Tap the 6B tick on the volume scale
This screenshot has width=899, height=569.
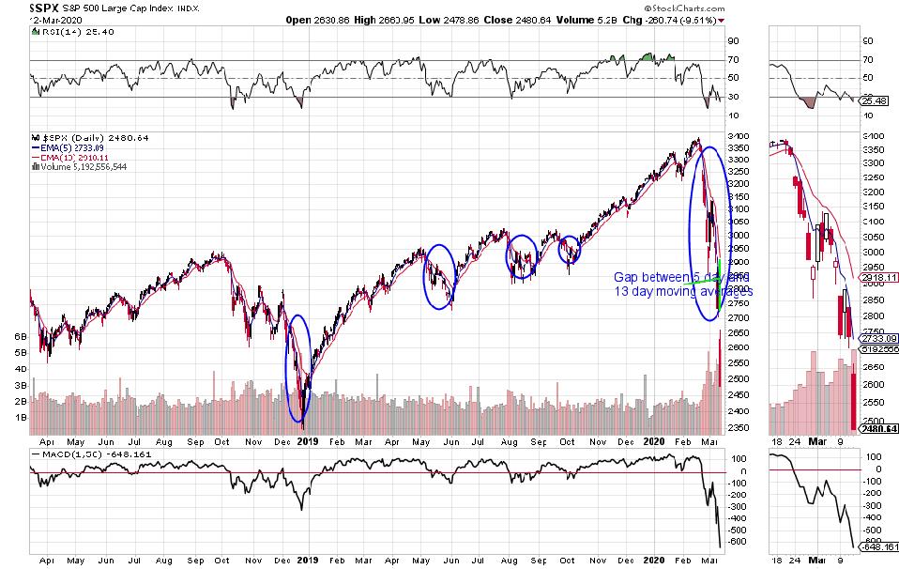tap(18, 335)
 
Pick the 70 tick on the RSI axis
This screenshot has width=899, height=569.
tap(732, 60)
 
